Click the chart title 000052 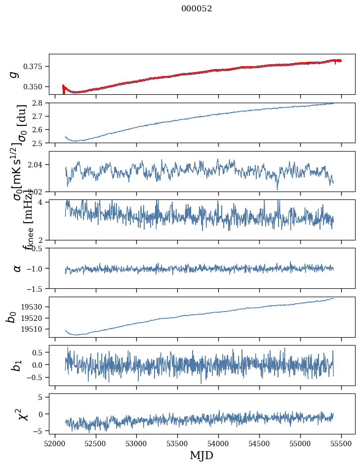pos(197,8)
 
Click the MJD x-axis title pos(201,455)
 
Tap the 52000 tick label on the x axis pos(55,443)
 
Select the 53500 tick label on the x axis pos(177,443)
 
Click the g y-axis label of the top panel pos(14,74)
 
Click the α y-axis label pos(17,268)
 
